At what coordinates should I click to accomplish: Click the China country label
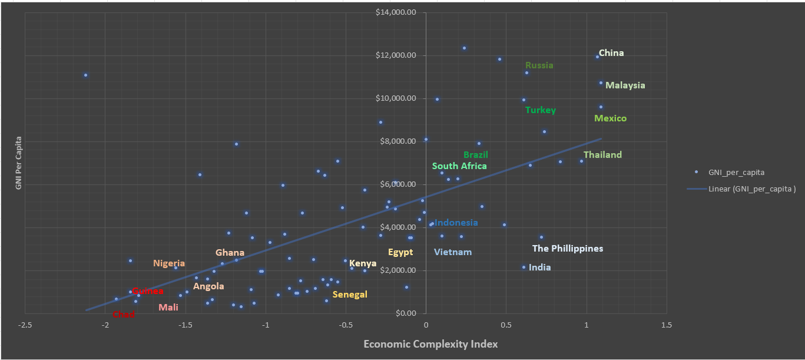coord(611,53)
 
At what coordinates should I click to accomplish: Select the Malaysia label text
coord(625,85)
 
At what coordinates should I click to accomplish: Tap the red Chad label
coord(124,315)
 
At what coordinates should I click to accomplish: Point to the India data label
coord(539,267)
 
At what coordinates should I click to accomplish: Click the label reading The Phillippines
coord(568,249)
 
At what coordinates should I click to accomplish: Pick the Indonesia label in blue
coord(456,223)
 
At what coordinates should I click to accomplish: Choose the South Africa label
coord(459,166)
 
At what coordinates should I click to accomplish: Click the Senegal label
coord(350,295)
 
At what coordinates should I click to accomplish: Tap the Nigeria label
coord(169,263)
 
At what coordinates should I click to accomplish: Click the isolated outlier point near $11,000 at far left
coord(85,75)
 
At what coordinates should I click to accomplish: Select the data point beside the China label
coord(597,57)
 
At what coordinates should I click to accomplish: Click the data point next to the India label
coord(524,267)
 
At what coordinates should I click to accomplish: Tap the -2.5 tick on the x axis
coord(25,325)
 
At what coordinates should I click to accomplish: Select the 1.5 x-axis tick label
coord(667,325)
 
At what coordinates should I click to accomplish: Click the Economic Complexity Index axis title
coord(430,344)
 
